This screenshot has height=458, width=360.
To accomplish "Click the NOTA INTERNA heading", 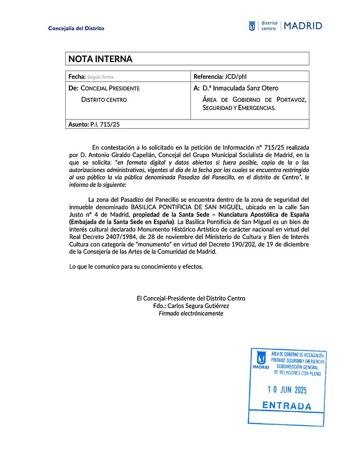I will [x=100, y=59].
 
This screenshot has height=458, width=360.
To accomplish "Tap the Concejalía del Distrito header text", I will [x=76, y=28].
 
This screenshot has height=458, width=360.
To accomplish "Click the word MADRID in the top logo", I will [x=303, y=26].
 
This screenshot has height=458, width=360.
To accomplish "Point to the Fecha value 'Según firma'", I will [x=101, y=77].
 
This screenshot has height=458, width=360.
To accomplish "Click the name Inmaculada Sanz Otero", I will [x=241, y=88].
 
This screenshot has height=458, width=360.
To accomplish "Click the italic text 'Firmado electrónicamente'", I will [x=191, y=314].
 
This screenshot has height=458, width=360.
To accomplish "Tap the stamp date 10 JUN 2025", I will [x=286, y=389].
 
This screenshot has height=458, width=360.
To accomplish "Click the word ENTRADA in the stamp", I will [x=286, y=406].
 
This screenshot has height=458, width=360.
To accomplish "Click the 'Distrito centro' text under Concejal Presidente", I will [x=104, y=100].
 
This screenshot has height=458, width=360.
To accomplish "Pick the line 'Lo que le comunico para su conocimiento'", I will [x=136, y=267].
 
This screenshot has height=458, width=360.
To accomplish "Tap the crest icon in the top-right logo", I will [x=252, y=26].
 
